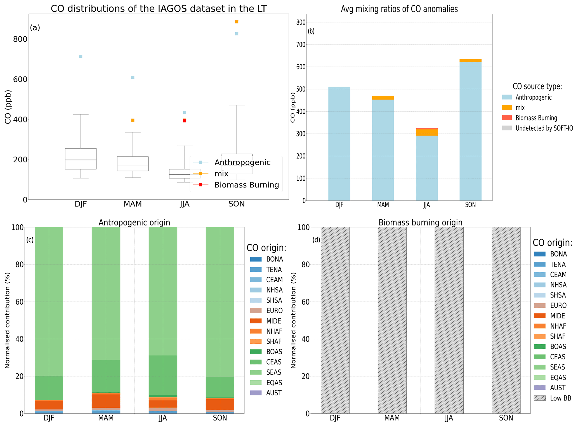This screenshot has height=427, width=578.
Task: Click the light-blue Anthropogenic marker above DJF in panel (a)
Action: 81,56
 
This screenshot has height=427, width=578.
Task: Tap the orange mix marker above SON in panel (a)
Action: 237,22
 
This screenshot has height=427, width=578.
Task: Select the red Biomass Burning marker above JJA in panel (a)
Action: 185,121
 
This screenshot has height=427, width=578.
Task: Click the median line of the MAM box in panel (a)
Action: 133,165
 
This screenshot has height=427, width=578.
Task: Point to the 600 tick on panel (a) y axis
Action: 20,79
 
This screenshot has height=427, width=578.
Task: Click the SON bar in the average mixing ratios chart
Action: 470,131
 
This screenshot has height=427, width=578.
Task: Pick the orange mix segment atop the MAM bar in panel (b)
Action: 383,98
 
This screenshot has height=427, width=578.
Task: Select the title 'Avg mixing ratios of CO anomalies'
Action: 399,9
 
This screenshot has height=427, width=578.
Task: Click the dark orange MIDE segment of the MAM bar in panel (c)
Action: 106,401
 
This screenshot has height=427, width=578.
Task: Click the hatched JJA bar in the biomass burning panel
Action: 449,320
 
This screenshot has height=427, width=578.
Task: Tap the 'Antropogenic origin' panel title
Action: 134,223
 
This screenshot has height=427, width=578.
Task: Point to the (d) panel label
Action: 316,240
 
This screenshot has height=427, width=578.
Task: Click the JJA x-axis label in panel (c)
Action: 163,418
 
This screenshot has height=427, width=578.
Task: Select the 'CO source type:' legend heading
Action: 537,86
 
